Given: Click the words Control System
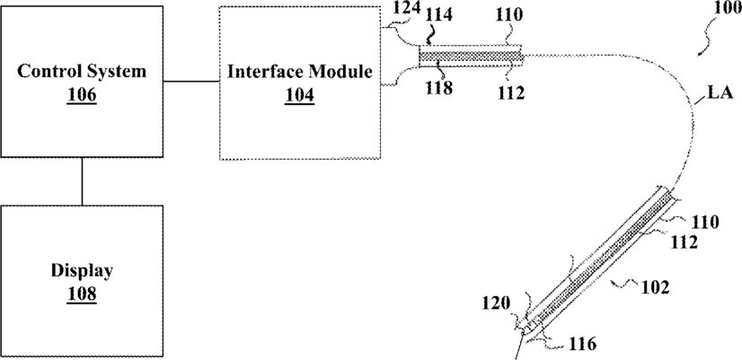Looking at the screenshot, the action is pyautogui.click(x=82, y=72).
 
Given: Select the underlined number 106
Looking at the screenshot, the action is pyautogui.click(x=82, y=95).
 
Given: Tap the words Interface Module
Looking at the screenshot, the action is pyautogui.click(x=299, y=73).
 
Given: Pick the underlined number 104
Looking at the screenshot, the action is pyautogui.click(x=299, y=95).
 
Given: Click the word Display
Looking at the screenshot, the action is pyautogui.click(x=82, y=271).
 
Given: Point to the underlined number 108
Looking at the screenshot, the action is pyautogui.click(x=82, y=294).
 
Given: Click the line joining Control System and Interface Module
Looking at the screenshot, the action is pyautogui.click(x=191, y=82).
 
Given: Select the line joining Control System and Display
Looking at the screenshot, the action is pyautogui.click(x=82, y=181).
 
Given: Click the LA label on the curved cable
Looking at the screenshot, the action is pyautogui.click(x=720, y=93).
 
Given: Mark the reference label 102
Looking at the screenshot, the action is pyautogui.click(x=655, y=287).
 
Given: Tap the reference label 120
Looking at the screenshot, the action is pyautogui.click(x=497, y=303).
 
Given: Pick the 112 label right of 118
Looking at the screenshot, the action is pyautogui.click(x=510, y=93).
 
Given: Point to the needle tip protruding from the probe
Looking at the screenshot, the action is pyautogui.click(x=517, y=353).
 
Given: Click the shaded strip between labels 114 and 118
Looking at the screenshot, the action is pyautogui.click(x=471, y=57).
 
